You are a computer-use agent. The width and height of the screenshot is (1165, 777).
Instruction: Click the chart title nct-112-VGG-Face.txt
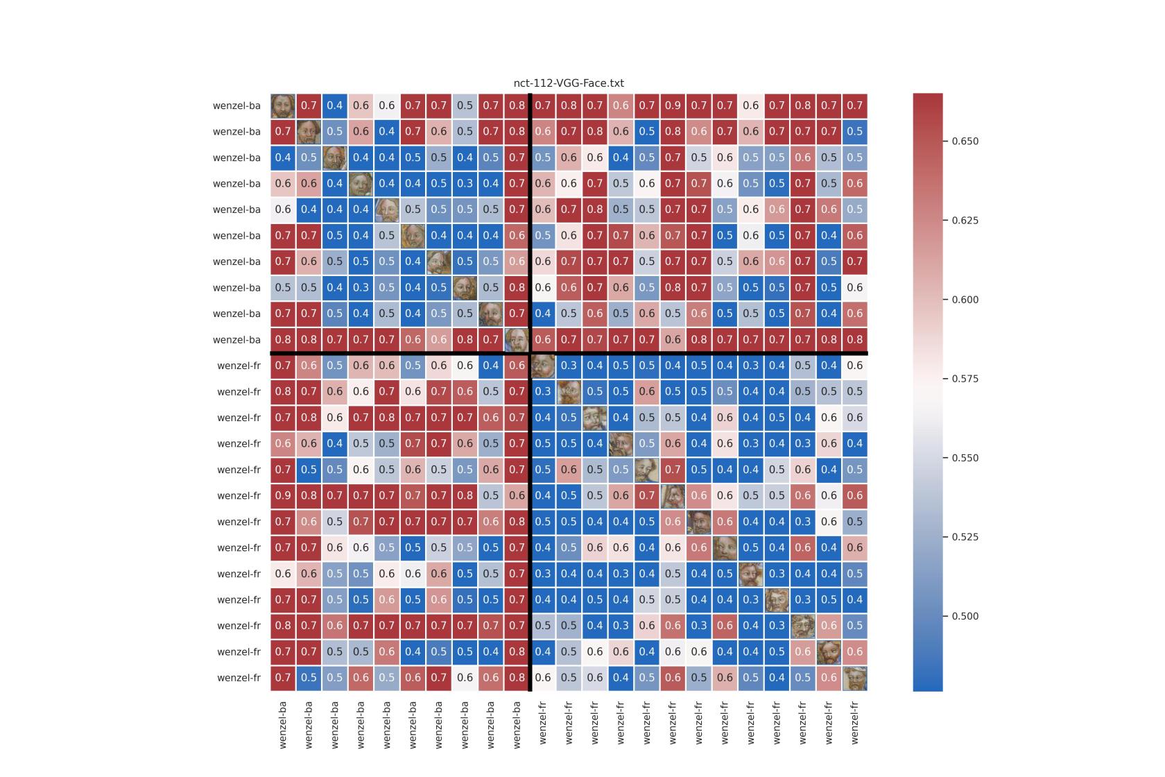click(569, 83)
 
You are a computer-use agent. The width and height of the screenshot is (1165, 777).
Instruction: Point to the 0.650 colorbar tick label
click(965, 141)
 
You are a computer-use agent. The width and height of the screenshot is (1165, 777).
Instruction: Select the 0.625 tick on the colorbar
click(965, 221)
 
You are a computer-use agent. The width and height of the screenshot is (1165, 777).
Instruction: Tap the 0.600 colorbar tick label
click(965, 300)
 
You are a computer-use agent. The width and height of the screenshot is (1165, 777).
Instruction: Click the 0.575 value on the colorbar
click(965, 379)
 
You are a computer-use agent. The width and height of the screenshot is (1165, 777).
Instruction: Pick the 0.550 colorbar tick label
click(965, 458)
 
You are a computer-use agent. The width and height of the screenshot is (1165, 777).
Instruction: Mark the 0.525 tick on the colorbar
click(965, 537)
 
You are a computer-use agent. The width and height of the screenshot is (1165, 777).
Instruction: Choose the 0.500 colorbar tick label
click(965, 616)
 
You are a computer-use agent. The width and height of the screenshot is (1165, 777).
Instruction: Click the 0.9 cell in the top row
click(673, 105)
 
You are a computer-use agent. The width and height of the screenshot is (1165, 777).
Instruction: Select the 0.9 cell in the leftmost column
click(283, 495)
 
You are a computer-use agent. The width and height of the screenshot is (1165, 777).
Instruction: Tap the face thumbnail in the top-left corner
click(283, 105)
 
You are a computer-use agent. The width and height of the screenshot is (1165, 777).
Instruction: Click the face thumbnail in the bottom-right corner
click(854, 678)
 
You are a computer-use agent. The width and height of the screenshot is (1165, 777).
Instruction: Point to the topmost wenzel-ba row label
click(236, 105)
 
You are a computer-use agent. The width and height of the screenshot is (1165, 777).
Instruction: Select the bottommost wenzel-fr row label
click(239, 678)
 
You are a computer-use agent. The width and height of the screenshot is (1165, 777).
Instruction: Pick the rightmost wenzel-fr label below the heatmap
click(854, 722)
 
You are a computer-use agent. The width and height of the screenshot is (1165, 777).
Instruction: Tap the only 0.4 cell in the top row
click(335, 105)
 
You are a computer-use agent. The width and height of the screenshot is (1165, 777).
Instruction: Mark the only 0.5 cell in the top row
click(465, 105)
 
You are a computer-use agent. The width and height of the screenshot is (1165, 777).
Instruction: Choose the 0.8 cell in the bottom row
click(517, 678)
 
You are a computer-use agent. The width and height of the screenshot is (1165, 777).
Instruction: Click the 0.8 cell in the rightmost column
click(854, 339)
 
